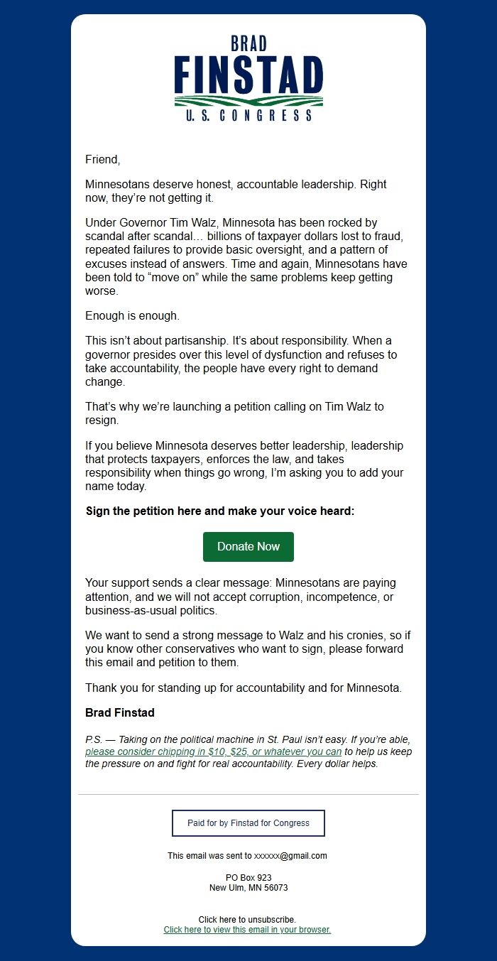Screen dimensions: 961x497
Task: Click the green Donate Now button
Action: [248, 546]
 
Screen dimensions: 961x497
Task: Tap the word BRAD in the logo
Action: [248, 44]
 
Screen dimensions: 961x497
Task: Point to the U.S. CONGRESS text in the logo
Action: [248, 115]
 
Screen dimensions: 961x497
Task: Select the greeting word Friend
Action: [103, 159]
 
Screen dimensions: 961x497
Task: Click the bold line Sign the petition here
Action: [219, 511]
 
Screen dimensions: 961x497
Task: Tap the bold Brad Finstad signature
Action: [120, 712]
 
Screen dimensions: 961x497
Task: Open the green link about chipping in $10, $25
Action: [214, 751]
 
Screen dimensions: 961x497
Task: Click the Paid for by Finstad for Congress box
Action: [248, 823]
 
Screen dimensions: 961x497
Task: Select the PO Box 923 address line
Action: [248, 878]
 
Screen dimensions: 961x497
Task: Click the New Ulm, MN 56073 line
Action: [248, 888]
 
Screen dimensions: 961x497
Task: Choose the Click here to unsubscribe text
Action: [247, 920]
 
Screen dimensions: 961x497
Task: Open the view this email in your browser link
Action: [247, 930]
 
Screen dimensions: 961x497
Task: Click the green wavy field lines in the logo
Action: [248, 101]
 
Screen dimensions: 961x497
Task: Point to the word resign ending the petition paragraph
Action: [102, 420]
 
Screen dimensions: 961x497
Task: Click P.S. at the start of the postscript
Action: [94, 739]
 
